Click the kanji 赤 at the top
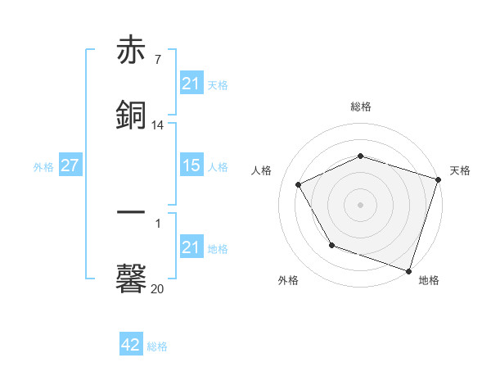pyautogui.click(x=132, y=51)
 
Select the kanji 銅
pyautogui.click(x=132, y=115)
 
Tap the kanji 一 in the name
pyautogui.click(x=132, y=213)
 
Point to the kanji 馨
pyautogui.click(x=132, y=277)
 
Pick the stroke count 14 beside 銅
pyautogui.click(x=158, y=125)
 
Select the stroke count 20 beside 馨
pyautogui.click(x=158, y=288)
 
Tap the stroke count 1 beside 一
pyautogui.click(x=157, y=223)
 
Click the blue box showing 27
pyautogui.click(x=70, y=165)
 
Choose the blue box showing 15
pyautogui.click(x=191, y=165)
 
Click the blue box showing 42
pyautogui.click(x=130, y=345)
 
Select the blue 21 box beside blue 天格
pyautogui.click(x=191, y=84)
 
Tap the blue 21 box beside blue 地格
pyautogui.click(x=191, y=247)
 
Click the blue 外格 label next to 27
pyautogui.click(x=43, y=166)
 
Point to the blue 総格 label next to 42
pyautogui.click(x=157, y=346)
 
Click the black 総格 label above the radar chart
pyautogui.click(x=361, y=107)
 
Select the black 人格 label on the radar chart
pyautogui.click(x=262, y=170)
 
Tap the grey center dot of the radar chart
pyautogui.click(x=361, y=204)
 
